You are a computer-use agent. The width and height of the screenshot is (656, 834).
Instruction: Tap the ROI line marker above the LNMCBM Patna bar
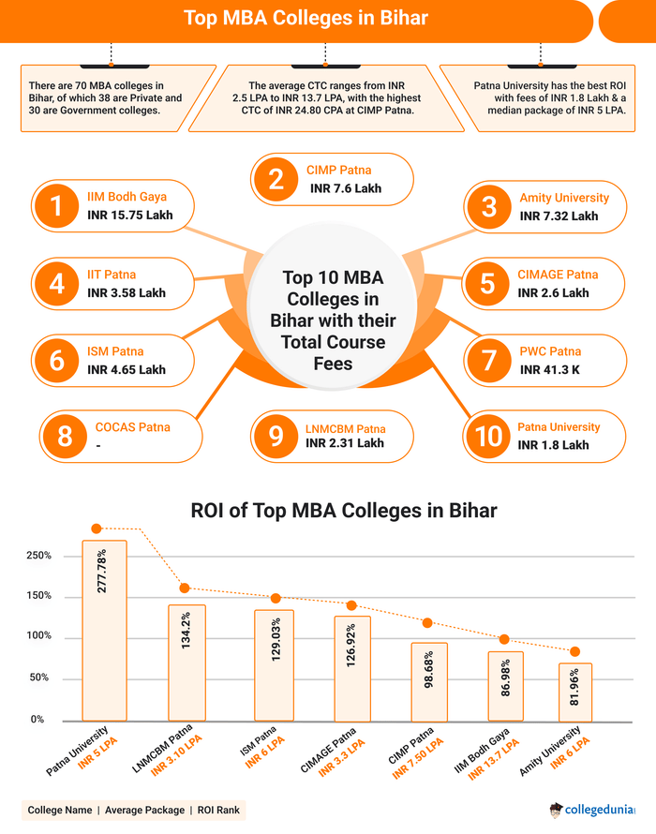tap(185, 588)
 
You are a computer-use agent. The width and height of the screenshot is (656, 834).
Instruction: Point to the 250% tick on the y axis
tap(38, 556)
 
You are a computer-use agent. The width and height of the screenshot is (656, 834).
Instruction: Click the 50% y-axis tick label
tap(38, 678)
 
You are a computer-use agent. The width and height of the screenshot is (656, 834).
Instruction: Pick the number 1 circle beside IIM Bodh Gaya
tap(58, 206)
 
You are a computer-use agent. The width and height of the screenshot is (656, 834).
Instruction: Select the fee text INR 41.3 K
tap(551, 370)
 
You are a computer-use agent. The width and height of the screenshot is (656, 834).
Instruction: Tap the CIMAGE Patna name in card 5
tap(558, 275)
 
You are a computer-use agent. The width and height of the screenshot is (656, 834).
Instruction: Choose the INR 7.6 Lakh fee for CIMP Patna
tap(346, 188)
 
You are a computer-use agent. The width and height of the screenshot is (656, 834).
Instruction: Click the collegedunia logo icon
tap(558, 810)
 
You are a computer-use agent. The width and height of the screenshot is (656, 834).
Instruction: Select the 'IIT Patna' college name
tap(112, 275)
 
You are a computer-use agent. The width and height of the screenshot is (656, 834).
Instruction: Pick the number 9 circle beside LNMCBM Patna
tap(276, 436)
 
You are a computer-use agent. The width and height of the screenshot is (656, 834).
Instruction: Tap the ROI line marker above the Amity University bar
tap(574, 651)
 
